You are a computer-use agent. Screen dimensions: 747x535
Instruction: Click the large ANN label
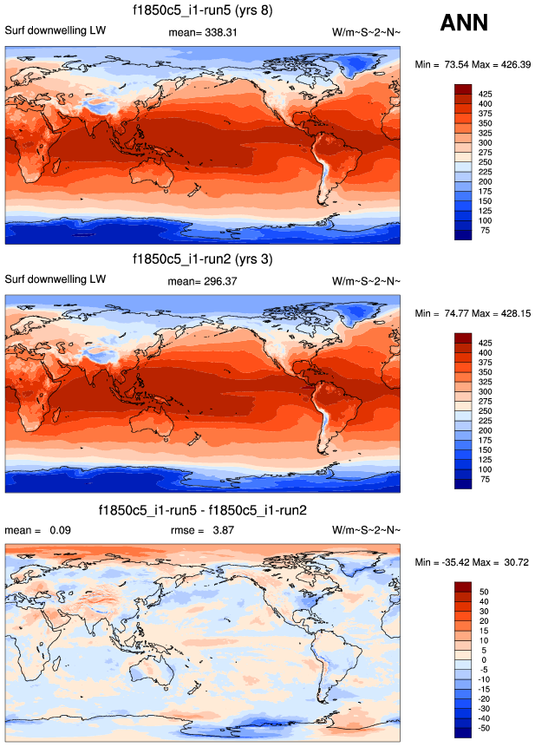464,23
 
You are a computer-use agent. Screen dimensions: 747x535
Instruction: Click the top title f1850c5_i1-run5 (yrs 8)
203,11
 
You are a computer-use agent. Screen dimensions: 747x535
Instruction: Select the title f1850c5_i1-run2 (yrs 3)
203,259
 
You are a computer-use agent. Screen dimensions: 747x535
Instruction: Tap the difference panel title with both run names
203,509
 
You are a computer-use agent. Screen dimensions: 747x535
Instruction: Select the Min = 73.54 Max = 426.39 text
471,64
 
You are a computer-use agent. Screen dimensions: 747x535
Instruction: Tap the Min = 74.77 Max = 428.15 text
471,313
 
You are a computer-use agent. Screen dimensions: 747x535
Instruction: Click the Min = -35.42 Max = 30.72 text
473,563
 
